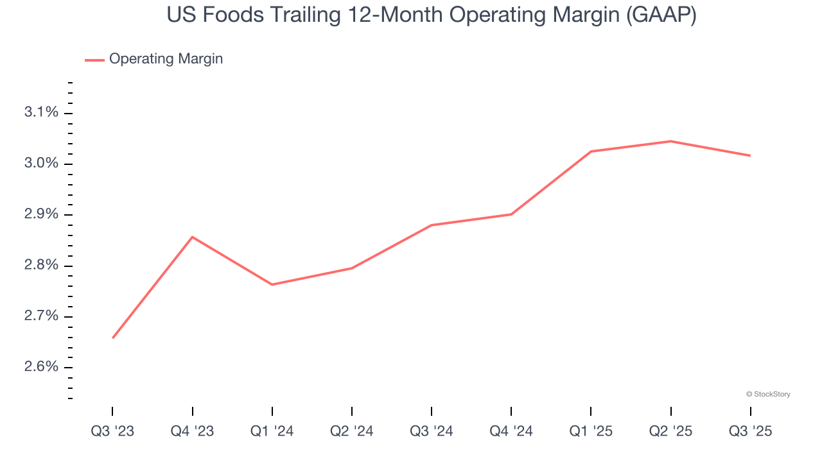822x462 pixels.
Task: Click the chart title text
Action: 432,15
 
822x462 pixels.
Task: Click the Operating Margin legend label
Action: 166,59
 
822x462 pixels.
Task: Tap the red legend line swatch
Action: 94,60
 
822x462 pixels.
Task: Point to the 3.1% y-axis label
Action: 41,113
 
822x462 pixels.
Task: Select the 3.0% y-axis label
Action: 41,164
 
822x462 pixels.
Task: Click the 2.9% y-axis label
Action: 41,214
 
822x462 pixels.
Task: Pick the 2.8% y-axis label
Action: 41,266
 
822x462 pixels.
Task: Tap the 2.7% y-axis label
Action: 41,316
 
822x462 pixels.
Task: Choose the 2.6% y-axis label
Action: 41,367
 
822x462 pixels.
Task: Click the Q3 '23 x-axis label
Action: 112,431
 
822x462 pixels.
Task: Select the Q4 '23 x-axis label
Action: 192,431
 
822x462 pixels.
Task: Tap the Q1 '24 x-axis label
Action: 272,431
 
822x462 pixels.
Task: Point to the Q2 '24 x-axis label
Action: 352,431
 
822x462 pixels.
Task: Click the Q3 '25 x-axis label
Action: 750,431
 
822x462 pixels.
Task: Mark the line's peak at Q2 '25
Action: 670,141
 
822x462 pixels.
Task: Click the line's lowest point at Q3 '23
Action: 113,338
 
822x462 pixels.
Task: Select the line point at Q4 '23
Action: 192,237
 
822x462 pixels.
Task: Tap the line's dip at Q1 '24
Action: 272,284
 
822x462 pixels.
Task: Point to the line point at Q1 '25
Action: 591,151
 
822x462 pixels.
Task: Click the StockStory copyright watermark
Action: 768,394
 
